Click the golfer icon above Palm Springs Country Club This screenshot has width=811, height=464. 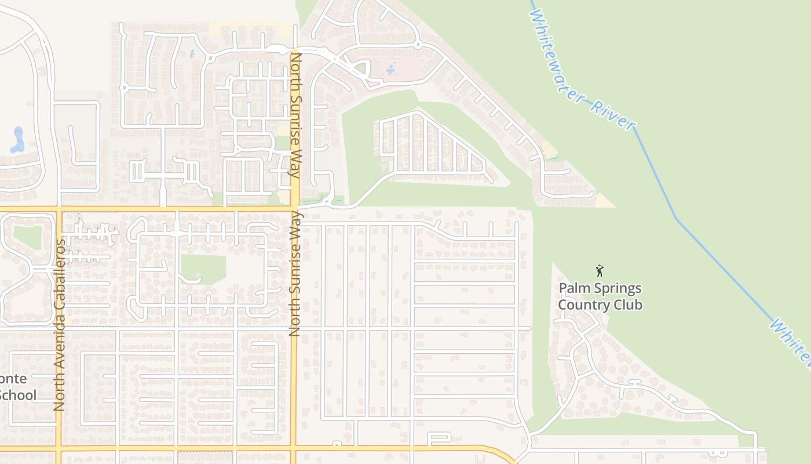tap(600, 270)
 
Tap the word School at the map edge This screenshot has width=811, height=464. tap(18, 396)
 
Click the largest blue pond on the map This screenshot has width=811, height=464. tap(17, 140)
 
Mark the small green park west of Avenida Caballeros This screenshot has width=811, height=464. tap(28, 237)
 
